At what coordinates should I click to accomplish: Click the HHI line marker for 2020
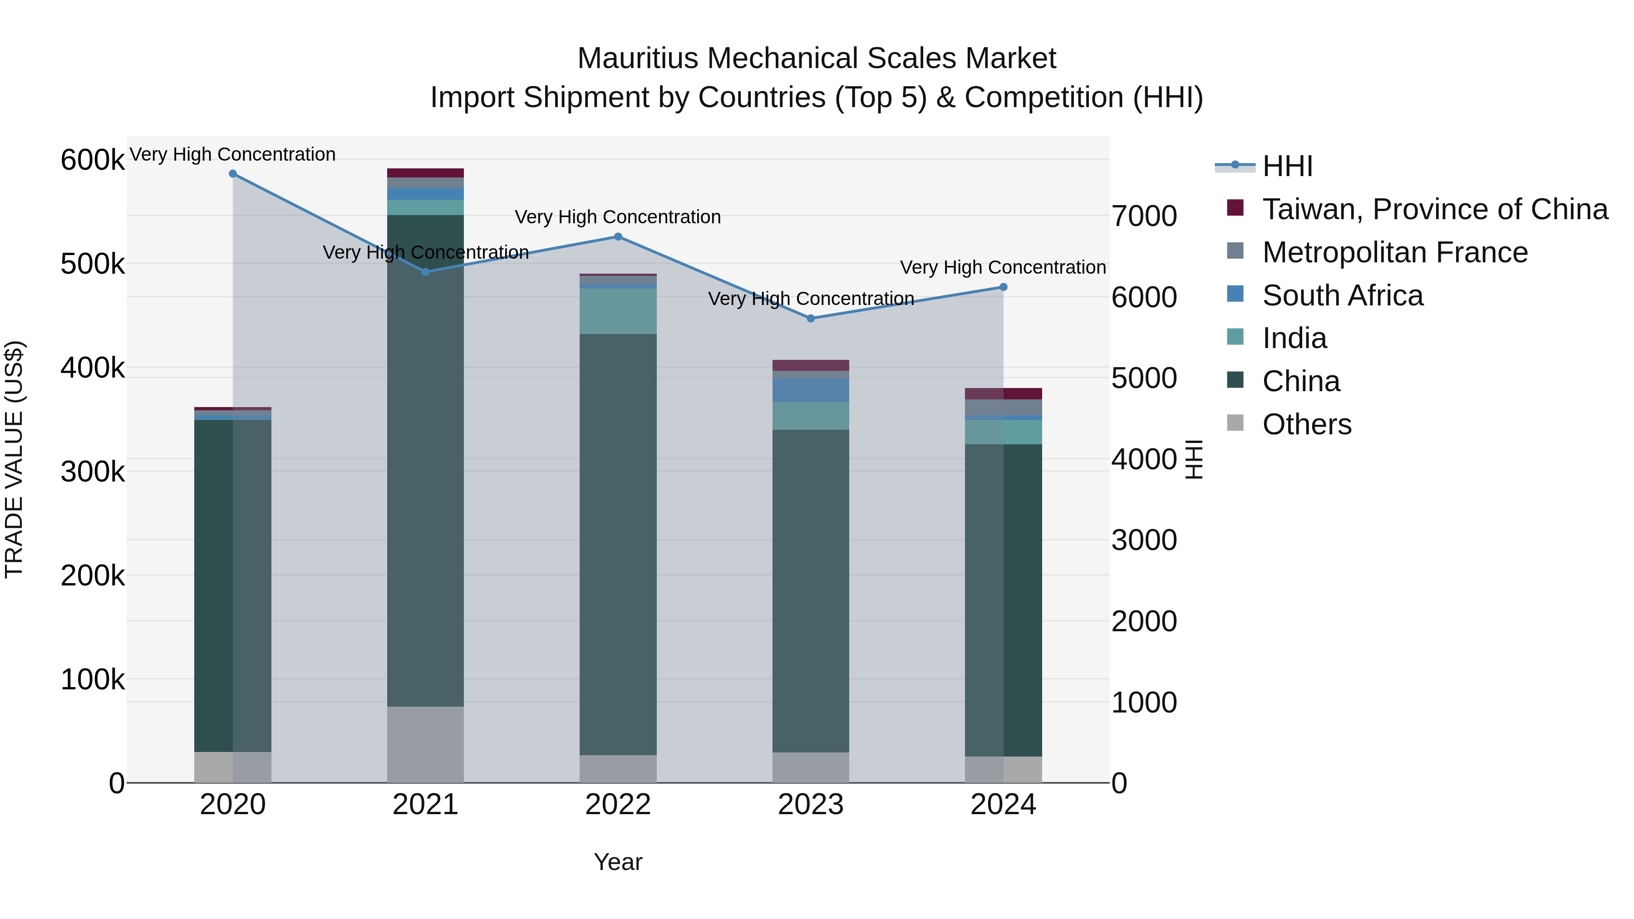pyautogui.click(x=233, y=174)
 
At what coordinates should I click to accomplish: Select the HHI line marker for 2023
pyautogui.click(x=811, y=319)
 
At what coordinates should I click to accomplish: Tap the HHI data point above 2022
pyautogui.click(x=618, y=236)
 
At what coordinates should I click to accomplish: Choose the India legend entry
pyautogui.click(x=1294, y=338)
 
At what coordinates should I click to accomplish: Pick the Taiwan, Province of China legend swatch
pyautogui.click(x=1235, y=208)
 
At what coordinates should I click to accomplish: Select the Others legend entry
pyautogui.click(x=1307, y=424)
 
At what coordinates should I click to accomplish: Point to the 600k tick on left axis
pyautogui.click(x=92, y=160)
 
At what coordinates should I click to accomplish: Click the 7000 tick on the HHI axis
pyautogui.click(x=1144, y=216)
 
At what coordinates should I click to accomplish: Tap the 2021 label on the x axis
pyautogui.click(x=425, y=805)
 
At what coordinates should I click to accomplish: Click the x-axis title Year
pyautogui.click(x=618, y=862)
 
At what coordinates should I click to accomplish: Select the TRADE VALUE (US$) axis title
pyautogui.click(x=15, y=459)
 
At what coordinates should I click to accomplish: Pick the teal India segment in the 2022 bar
pyautogui.click(x=618, y=311)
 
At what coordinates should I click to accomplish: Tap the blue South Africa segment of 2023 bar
pyautogui.click(x=811, y=390)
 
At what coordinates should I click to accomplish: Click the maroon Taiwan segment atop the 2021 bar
pyautogui.click(x=425, y=173)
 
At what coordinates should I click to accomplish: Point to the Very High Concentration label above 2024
pyautogui.click(x=1003, y=268)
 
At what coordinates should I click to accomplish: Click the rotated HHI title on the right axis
pyautogui.click(x=1194, y=459)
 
